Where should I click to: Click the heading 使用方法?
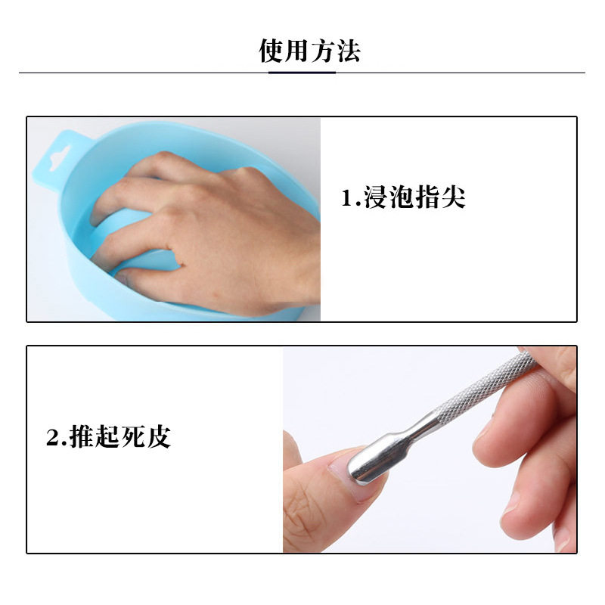309,51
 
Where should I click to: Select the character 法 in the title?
348,51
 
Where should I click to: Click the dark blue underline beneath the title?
302,73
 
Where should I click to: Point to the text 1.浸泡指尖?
402,198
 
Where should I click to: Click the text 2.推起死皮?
108,437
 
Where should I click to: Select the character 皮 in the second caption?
158,437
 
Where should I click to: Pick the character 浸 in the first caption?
376,198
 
